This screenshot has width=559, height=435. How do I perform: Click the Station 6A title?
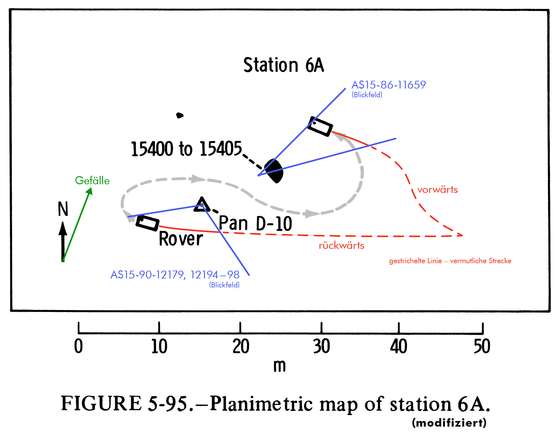(x=284, y=65)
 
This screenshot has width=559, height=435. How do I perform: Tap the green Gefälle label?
(x=92, y=181)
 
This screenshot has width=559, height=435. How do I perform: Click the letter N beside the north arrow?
(x=63, y=209)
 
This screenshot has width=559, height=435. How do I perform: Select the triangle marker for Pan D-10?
(x=202, y=205)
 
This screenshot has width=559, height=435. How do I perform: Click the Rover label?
(x=181, y=239)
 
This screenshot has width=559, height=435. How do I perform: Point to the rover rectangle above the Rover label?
(x=148, y=223)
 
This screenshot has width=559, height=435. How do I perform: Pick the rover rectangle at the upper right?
(x=320, y=126)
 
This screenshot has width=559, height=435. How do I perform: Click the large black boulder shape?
(x=274, y=171)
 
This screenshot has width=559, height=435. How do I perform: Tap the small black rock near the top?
(x=180, y=115)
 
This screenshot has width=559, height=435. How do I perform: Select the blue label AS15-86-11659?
(x=389, y=85)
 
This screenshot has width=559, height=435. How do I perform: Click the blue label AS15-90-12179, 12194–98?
(x=175, y=275)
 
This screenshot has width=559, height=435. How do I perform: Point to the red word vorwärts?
(x=437, y=190)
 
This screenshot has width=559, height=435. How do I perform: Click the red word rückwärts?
(x=342, y=245)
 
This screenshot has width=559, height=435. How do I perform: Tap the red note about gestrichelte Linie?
(x=450, y=261)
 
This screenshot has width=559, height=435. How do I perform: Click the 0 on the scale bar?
(x=79, y=346)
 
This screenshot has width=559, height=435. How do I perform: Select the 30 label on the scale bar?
(x=321, y=346)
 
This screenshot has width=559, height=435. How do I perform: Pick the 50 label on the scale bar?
(x=482, y=346)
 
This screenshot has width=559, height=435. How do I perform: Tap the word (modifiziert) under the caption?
(x=449, y=423)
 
